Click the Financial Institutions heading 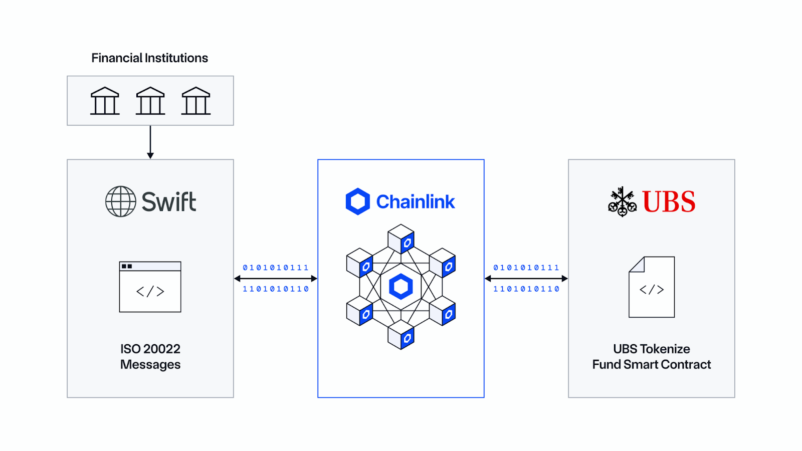(149, 58)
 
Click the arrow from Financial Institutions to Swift (150, 142)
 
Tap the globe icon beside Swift (120, 201)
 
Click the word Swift (169, 202)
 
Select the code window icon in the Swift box (150, 287)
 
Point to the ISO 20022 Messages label (150, 356)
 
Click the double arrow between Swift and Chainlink (276, 279)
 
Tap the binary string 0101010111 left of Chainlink (276, 268)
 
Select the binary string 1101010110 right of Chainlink (526, 289)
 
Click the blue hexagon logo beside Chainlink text (358, 201)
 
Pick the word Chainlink (416, 202)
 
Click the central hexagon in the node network (401, 287)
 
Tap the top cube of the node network (401, 239)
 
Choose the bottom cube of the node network (401, 334)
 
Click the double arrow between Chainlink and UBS (526, 279)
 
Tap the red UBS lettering (669, 202)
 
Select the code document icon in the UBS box (652, 287)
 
